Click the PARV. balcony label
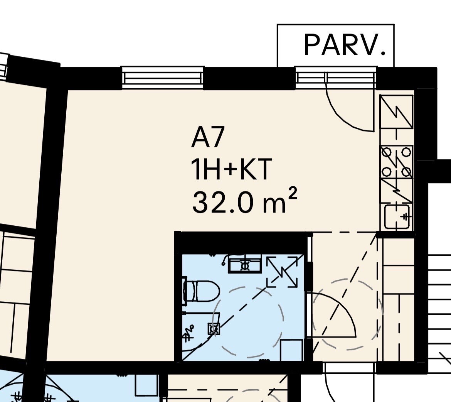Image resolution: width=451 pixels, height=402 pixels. (345, 45)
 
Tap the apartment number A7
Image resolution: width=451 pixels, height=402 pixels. (208, 138)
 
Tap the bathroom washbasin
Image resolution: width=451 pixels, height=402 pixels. (245, 263)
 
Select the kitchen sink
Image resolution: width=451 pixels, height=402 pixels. (397, 216)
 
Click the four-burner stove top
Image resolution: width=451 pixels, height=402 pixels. (397, 162)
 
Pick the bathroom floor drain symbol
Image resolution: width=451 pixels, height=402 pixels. (214, 329)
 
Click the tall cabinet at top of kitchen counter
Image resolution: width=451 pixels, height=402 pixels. (397, 112)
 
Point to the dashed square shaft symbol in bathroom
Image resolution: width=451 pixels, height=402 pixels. (282, 272)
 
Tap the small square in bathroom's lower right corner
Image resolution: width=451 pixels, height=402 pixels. (291, 350)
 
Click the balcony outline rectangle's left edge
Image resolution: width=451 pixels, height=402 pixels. (277, 46)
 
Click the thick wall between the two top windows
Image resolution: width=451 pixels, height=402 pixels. (249, 78)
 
